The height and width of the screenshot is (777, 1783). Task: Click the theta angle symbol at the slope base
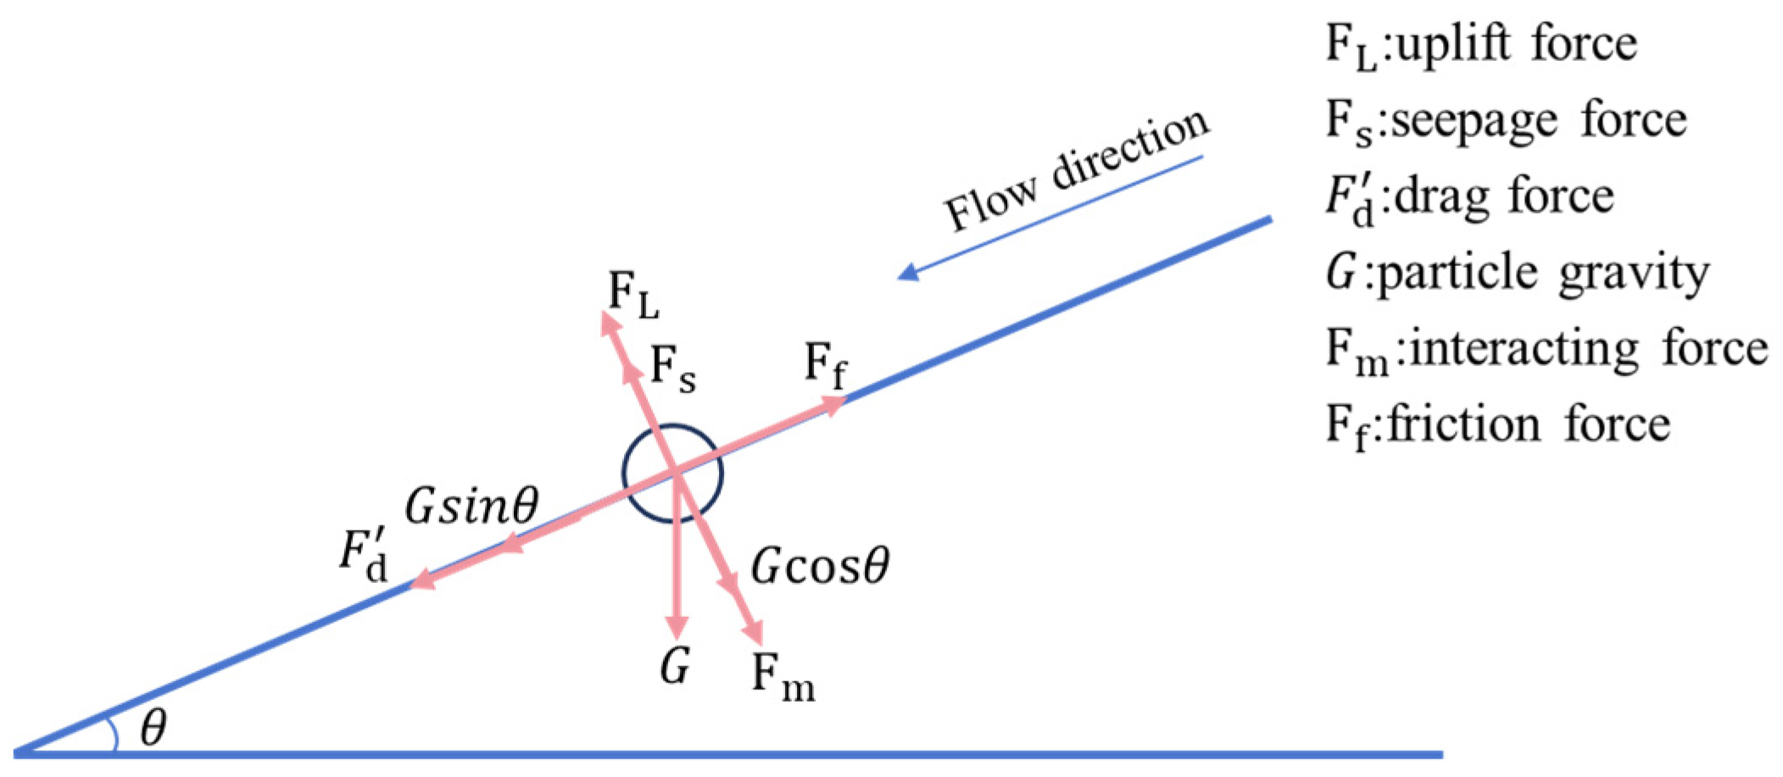[x=153, y=728]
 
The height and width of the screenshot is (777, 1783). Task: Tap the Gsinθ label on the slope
[x=471, y=507]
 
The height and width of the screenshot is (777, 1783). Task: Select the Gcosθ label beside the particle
[x=820, y=567]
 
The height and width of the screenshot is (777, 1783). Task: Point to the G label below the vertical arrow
[x=675, y=668]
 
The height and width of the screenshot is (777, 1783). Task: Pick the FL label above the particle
[x=633, y=297]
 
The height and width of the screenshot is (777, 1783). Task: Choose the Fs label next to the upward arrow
[x=673, y=371]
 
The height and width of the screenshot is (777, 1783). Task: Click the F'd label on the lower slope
[x=364, y=558]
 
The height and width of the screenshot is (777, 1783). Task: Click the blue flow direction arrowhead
[x=908, y=271]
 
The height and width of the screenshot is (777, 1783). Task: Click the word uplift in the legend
[x=1451, y=44]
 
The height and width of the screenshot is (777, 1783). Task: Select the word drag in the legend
[x=1445, y=197]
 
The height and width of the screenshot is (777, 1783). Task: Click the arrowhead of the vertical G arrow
[x=677, y=628]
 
